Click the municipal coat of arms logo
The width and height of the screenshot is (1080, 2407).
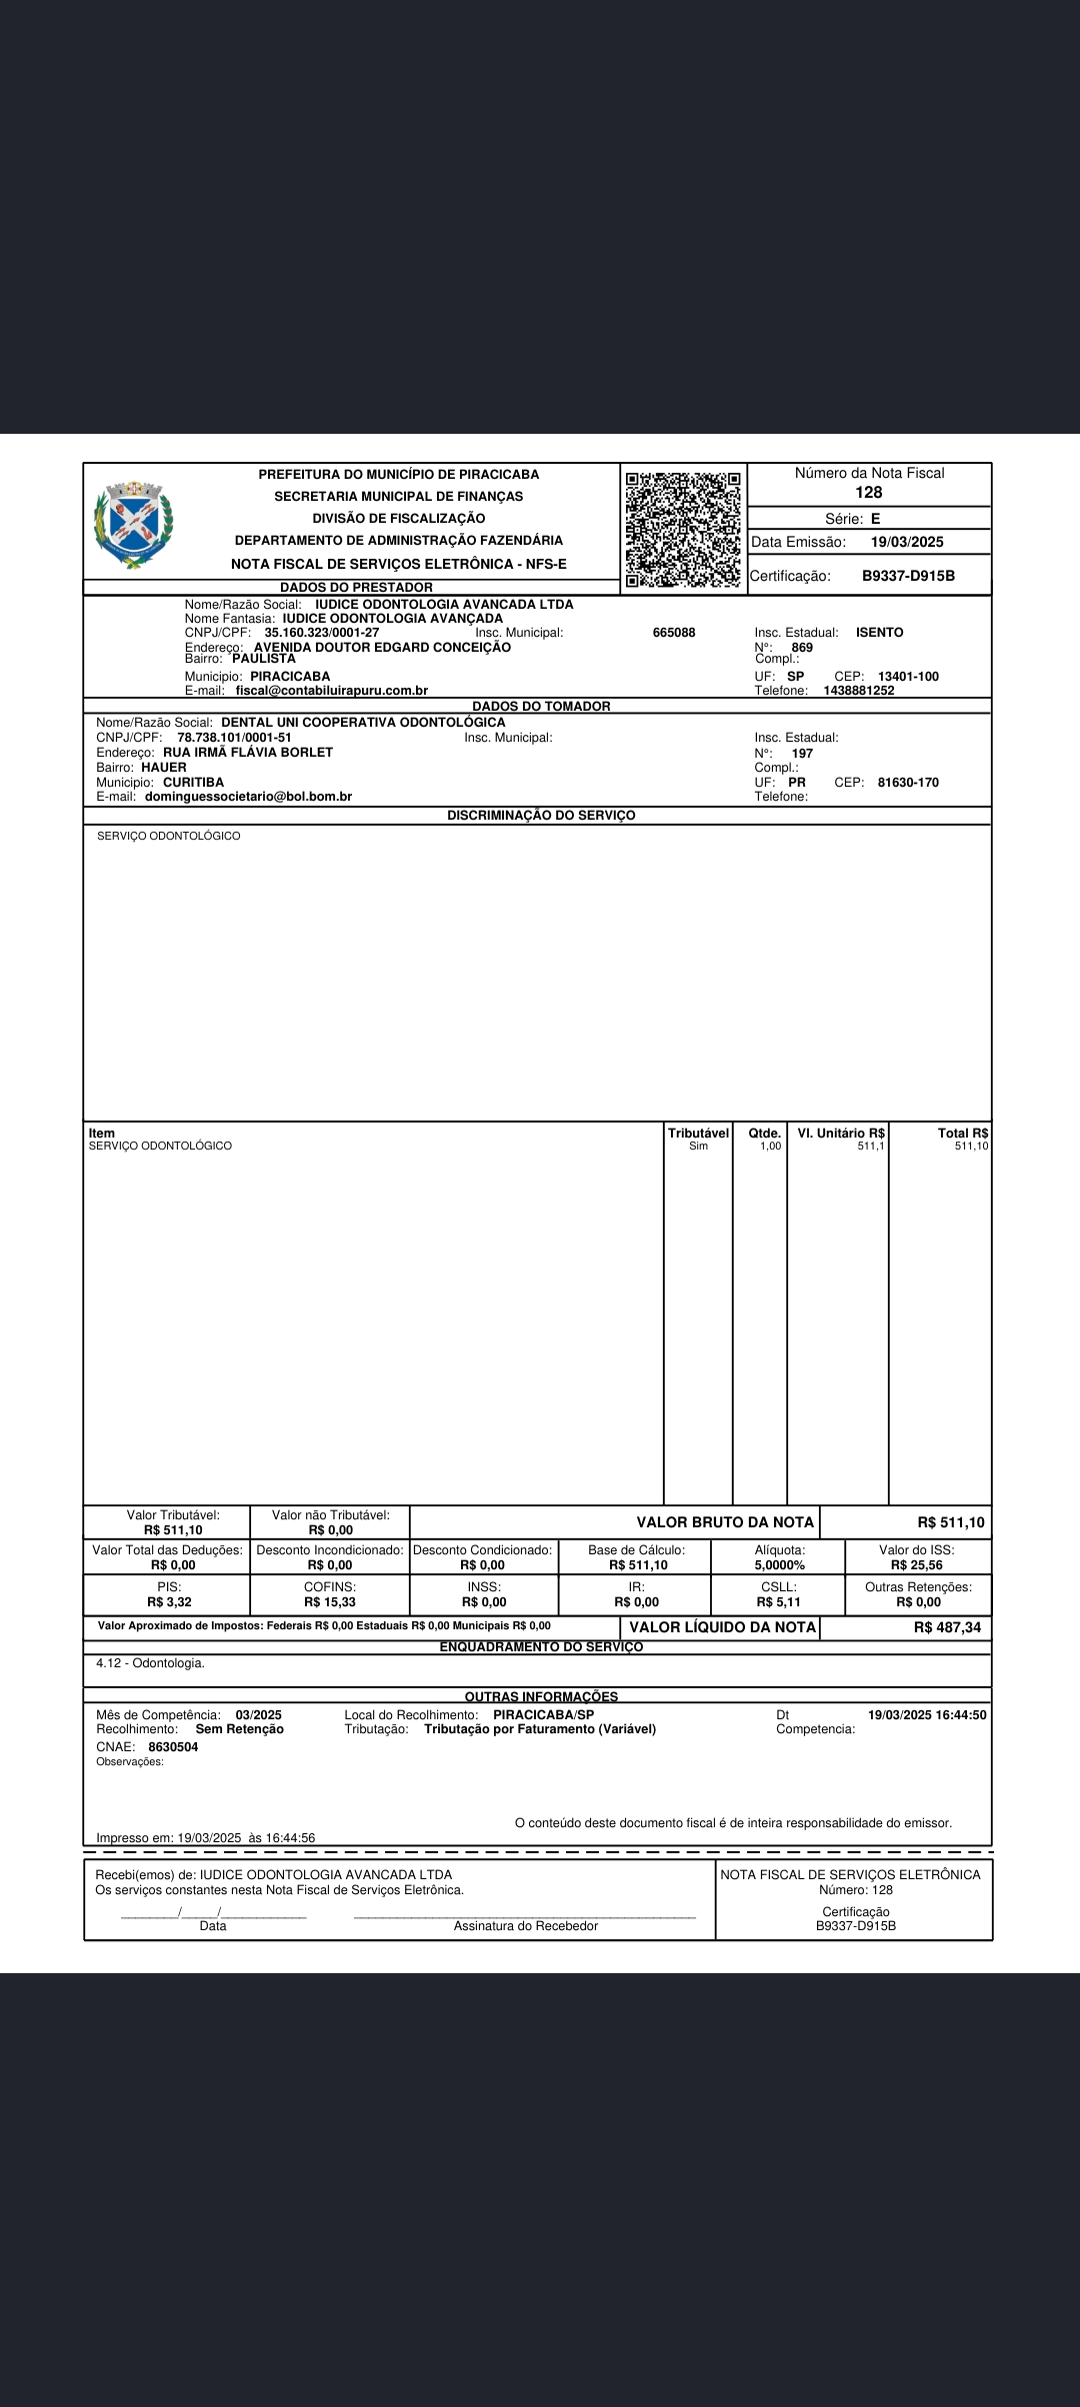pyautogui.click(x=133, y=524)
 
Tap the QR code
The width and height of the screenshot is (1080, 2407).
pyautogui.click(x=683, y=529)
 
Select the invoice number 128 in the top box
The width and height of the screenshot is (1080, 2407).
pyautogui.click(x=869, y=493)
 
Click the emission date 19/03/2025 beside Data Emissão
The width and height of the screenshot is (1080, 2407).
pyautogui.click(x=907, y=543)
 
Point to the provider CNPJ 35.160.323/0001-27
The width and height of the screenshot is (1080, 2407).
pyautogui.click(x=322, y=633)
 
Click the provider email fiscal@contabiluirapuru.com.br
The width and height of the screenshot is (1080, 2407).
pyautogui.click(x=332, y=691)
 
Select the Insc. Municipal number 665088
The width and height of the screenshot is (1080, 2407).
pyautogui.click(x=674, y=633)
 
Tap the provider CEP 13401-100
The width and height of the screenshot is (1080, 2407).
pyautogui.click(x=908, y=677)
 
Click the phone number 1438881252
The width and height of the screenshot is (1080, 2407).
pyautogui.click(x=859, y=691)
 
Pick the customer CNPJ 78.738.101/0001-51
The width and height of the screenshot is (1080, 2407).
pyautogui.click(x=234, y=738)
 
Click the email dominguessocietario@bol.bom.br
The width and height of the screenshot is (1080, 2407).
pyautogui.click(x=248, y=797)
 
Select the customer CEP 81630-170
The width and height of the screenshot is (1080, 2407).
pyautogui.click(x=908, y=783)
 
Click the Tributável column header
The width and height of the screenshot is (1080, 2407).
pyautogui.click(x=698, y=1133)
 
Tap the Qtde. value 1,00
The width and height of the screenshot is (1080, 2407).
pyautogui.click(x=770, y=1147)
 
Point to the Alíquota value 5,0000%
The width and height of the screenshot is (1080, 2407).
pyautogui.click(x=780, y=1565)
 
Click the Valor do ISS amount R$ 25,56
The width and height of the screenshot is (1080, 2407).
pyautogui.click(x=917, y=1565)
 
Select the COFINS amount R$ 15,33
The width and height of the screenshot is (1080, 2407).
pyautogui.click(x=330, y=1602)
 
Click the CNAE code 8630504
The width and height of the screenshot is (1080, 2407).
pyautogui.click(x=173, y=1747)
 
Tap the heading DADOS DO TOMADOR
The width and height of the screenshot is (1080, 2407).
pyautogui.click(x=541, y=707)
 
